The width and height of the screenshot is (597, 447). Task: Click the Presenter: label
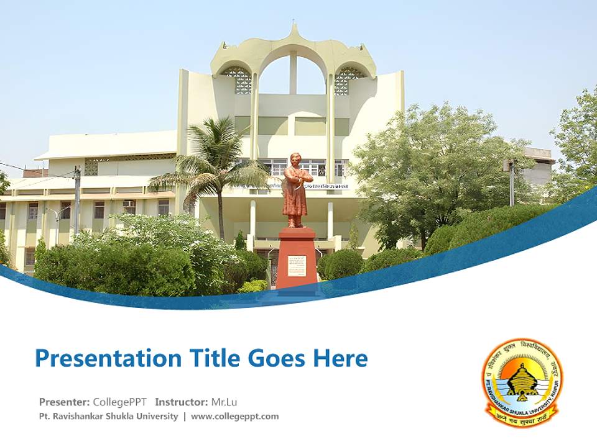[x=64, y=402]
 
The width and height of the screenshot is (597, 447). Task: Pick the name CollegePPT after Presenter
[x=121, y=402]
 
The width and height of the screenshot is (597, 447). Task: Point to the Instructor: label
[x=181, y=402]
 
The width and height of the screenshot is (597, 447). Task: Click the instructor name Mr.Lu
[x=224, y=402]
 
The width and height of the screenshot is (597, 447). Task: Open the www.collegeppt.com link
[x=234, y=417]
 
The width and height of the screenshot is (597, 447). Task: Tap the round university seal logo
[x=522, y=381]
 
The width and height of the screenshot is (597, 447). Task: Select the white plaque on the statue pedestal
[x=297, y=266]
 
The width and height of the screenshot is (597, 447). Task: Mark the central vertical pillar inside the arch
[x=293, y=73]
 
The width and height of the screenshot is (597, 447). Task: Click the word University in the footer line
[x=160, y=417]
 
